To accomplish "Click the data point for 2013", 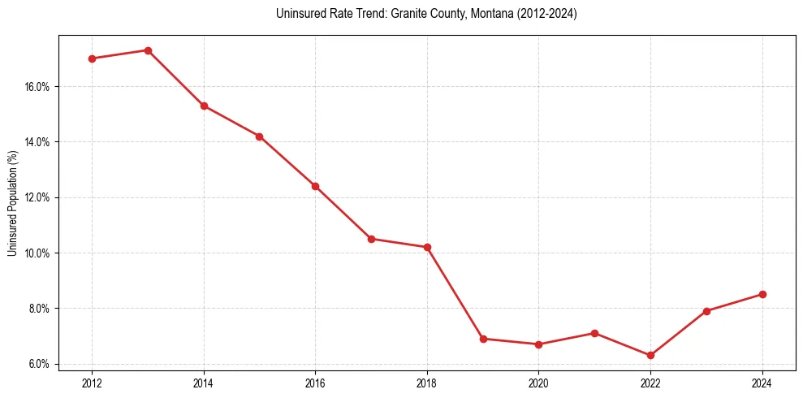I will pyautogui.click(x=148, y=50).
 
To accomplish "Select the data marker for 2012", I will pyautogui.click(x=92, y=58).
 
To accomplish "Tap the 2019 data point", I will pyautogui.click(x=483, y=339).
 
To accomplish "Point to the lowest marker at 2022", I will pyautogui.click(x=650, y=355).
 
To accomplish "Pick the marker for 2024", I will pyautogui.click(x=762, y=294).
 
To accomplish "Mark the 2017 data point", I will pyautogui.click(x=371, y=239).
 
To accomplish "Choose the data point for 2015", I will pyautogui.click(x=259, y=136).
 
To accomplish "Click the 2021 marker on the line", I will pyautogui.click(x=594, y=333).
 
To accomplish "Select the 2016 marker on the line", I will pyautogui.click(x=315, y=186).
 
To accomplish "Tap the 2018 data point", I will pyautogui.click(x=427, y=247).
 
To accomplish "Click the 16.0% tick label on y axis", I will pyautogui.click(x=37, y=86).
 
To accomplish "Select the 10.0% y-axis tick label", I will pyautogui.click(x=37, y=253).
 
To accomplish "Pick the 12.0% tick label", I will pyautogui.click(x=37, y=197).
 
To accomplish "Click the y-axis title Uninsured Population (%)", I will pyautogui.click(x=12, y=203).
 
